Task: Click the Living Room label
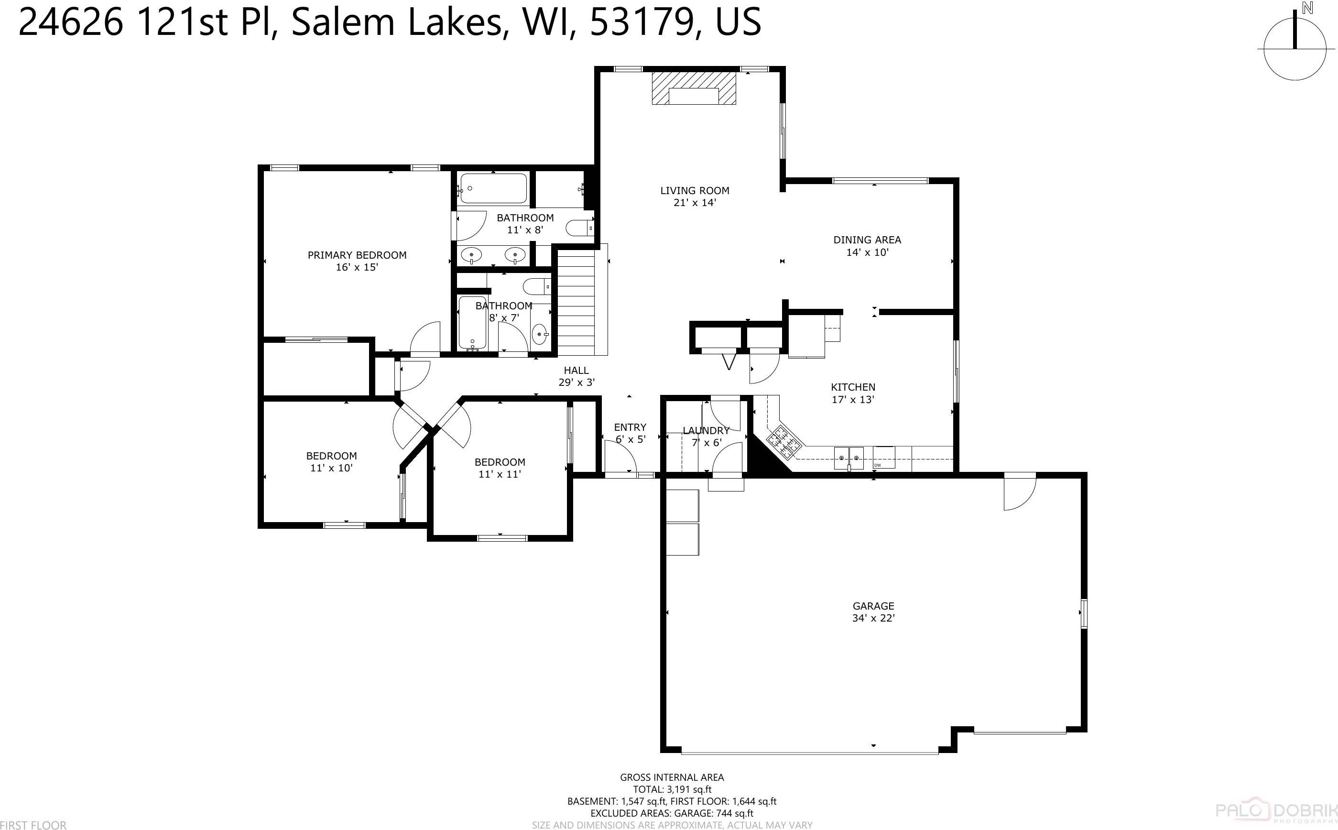click(694, 190)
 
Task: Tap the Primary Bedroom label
click(357, 255)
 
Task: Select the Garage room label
click(873, 606)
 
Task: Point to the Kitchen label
click(853, 387)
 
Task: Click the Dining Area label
click(867, 240)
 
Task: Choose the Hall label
click(576, 371)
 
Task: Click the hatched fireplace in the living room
click(694, 88)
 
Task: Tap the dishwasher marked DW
click(883, 459)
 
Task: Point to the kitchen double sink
click(848, 459)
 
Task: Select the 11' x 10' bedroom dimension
click(331, 468)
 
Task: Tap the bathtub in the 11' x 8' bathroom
click(493, 188)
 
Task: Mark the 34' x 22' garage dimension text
click(873, 618)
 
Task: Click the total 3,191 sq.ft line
click(672, 789)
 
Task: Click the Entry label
click(630, 427)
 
